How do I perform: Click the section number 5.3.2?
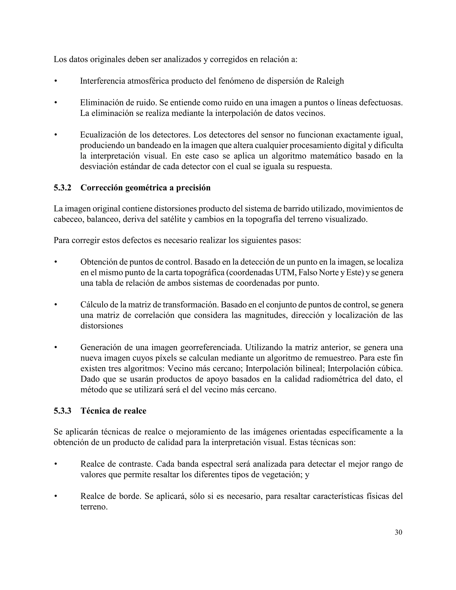click(62, 187)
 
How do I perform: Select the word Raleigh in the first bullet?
click(330, 81)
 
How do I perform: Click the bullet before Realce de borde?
click(56, 496)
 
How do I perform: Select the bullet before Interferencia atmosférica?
click(56, 81)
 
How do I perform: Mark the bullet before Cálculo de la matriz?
click(56, 305)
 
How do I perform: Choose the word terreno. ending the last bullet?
click(94, 507)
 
